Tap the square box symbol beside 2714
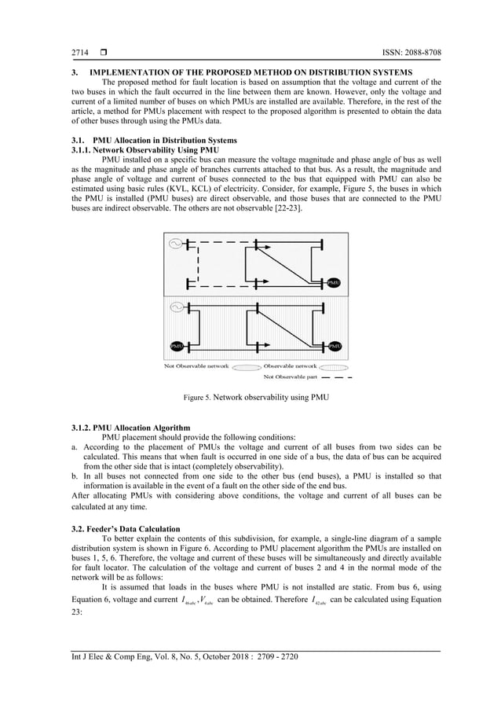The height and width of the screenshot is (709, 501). tap(102, 53)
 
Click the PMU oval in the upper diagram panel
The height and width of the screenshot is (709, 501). tap(333, 281)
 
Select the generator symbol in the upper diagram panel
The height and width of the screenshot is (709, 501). tap(177, 243)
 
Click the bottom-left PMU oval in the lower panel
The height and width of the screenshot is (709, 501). tap(177, 346)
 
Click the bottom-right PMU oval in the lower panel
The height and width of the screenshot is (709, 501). tap(334, 346)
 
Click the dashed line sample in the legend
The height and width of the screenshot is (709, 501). tap(336, 377)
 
